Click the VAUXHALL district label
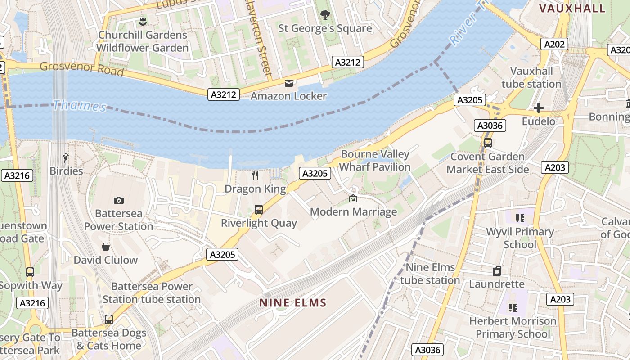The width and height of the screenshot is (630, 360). (572, 9)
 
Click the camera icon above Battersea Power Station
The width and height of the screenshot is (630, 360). (119, 200)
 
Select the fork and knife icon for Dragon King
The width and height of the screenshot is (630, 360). (255, 175)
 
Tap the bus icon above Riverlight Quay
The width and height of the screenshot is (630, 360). (258, 209)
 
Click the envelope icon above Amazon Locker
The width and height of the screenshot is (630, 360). (289, 83)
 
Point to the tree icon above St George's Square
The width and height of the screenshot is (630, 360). (325, 15)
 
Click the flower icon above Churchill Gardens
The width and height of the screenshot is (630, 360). (143, 21)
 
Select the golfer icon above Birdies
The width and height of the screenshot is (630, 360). (66, 158)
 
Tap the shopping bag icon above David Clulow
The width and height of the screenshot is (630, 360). (106, 247)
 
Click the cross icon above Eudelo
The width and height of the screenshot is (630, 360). (538, 108)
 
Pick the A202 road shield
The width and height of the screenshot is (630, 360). (553, 44)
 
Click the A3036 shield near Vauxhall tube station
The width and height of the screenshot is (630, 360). (490, 126)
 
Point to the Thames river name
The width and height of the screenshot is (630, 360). (80, 106)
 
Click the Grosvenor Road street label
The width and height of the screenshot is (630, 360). (81, 69)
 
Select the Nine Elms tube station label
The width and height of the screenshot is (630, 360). (430, 274)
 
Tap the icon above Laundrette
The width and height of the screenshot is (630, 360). (497, 271)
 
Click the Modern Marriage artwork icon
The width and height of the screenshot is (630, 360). (353, 198)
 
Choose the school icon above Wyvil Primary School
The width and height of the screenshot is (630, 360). (520, 218)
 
